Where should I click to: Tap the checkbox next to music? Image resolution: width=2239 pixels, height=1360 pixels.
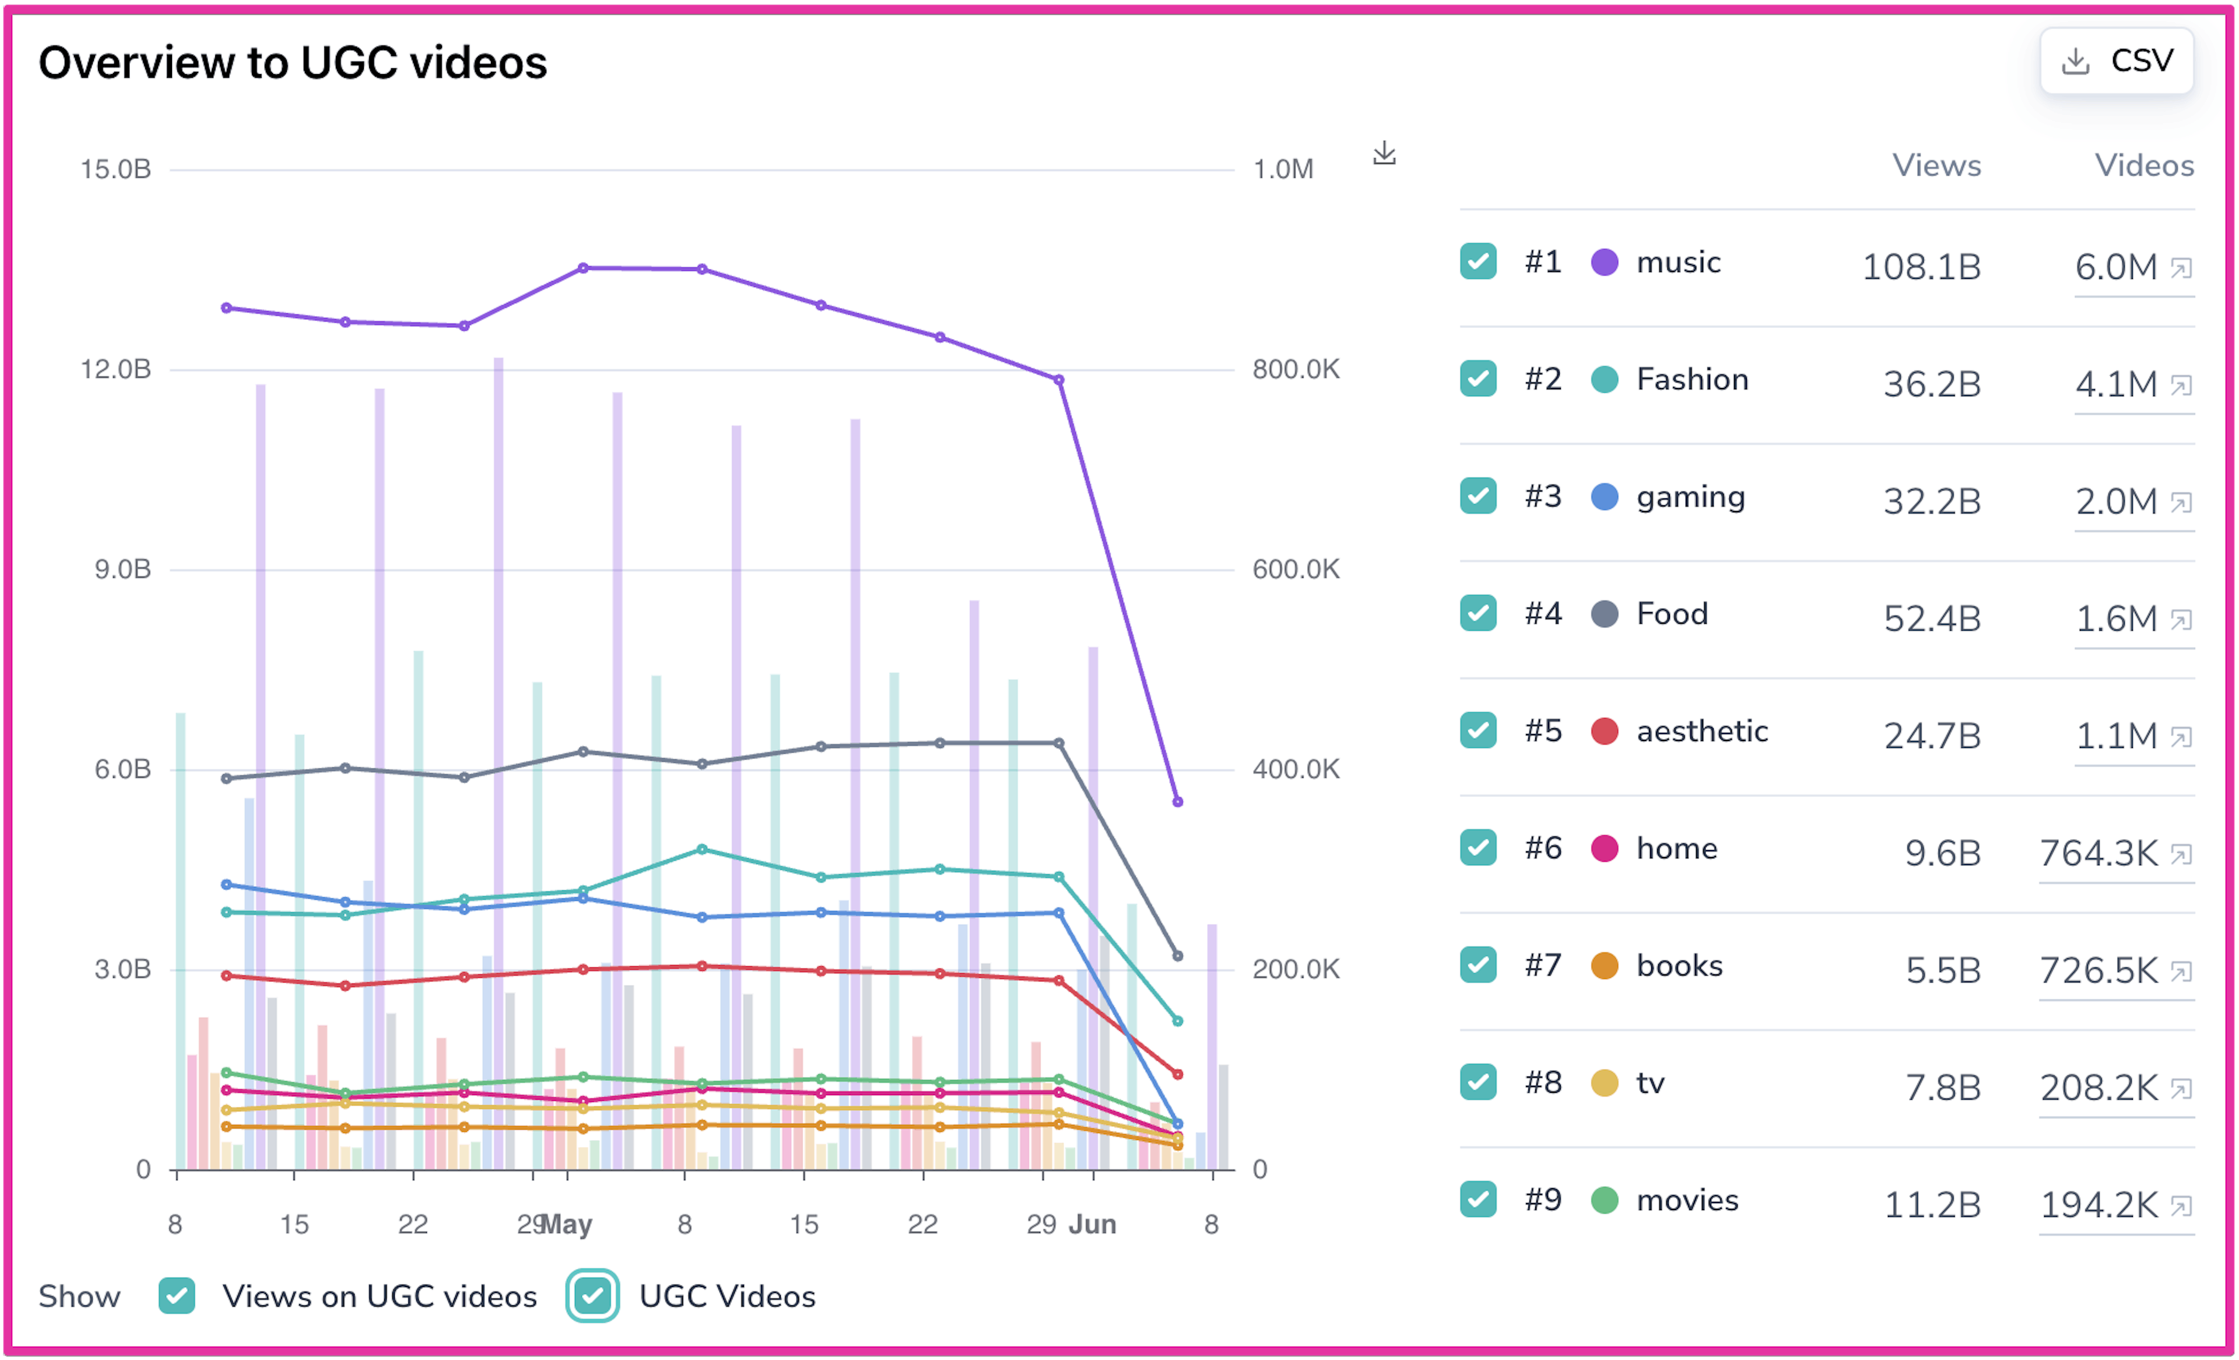[x=1479, y=262]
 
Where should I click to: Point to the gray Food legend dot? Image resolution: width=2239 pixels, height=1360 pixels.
[x=1605, y=614]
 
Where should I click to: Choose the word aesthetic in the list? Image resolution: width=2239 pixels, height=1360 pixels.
[x=1702, y=731]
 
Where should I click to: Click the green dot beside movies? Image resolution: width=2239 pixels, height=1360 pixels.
[x=1605, y=1200]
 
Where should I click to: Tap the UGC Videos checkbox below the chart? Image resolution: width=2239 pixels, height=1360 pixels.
[x=592, y=1295]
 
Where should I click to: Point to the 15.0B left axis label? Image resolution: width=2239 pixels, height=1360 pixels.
[x=115, y=169]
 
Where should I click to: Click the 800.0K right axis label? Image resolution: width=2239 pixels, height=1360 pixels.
[x=1296, y=369]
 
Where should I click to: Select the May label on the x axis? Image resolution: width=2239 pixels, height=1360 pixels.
[x=566, y=1225]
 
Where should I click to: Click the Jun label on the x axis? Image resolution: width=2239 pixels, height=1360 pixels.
[x=1092, y=1225]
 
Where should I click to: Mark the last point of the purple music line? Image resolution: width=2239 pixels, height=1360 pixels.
[x=1178, y=802]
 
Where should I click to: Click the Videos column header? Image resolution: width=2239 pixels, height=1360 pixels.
[x=2145, y=166]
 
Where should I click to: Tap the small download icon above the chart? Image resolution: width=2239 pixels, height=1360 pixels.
[x=1384, y=153]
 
